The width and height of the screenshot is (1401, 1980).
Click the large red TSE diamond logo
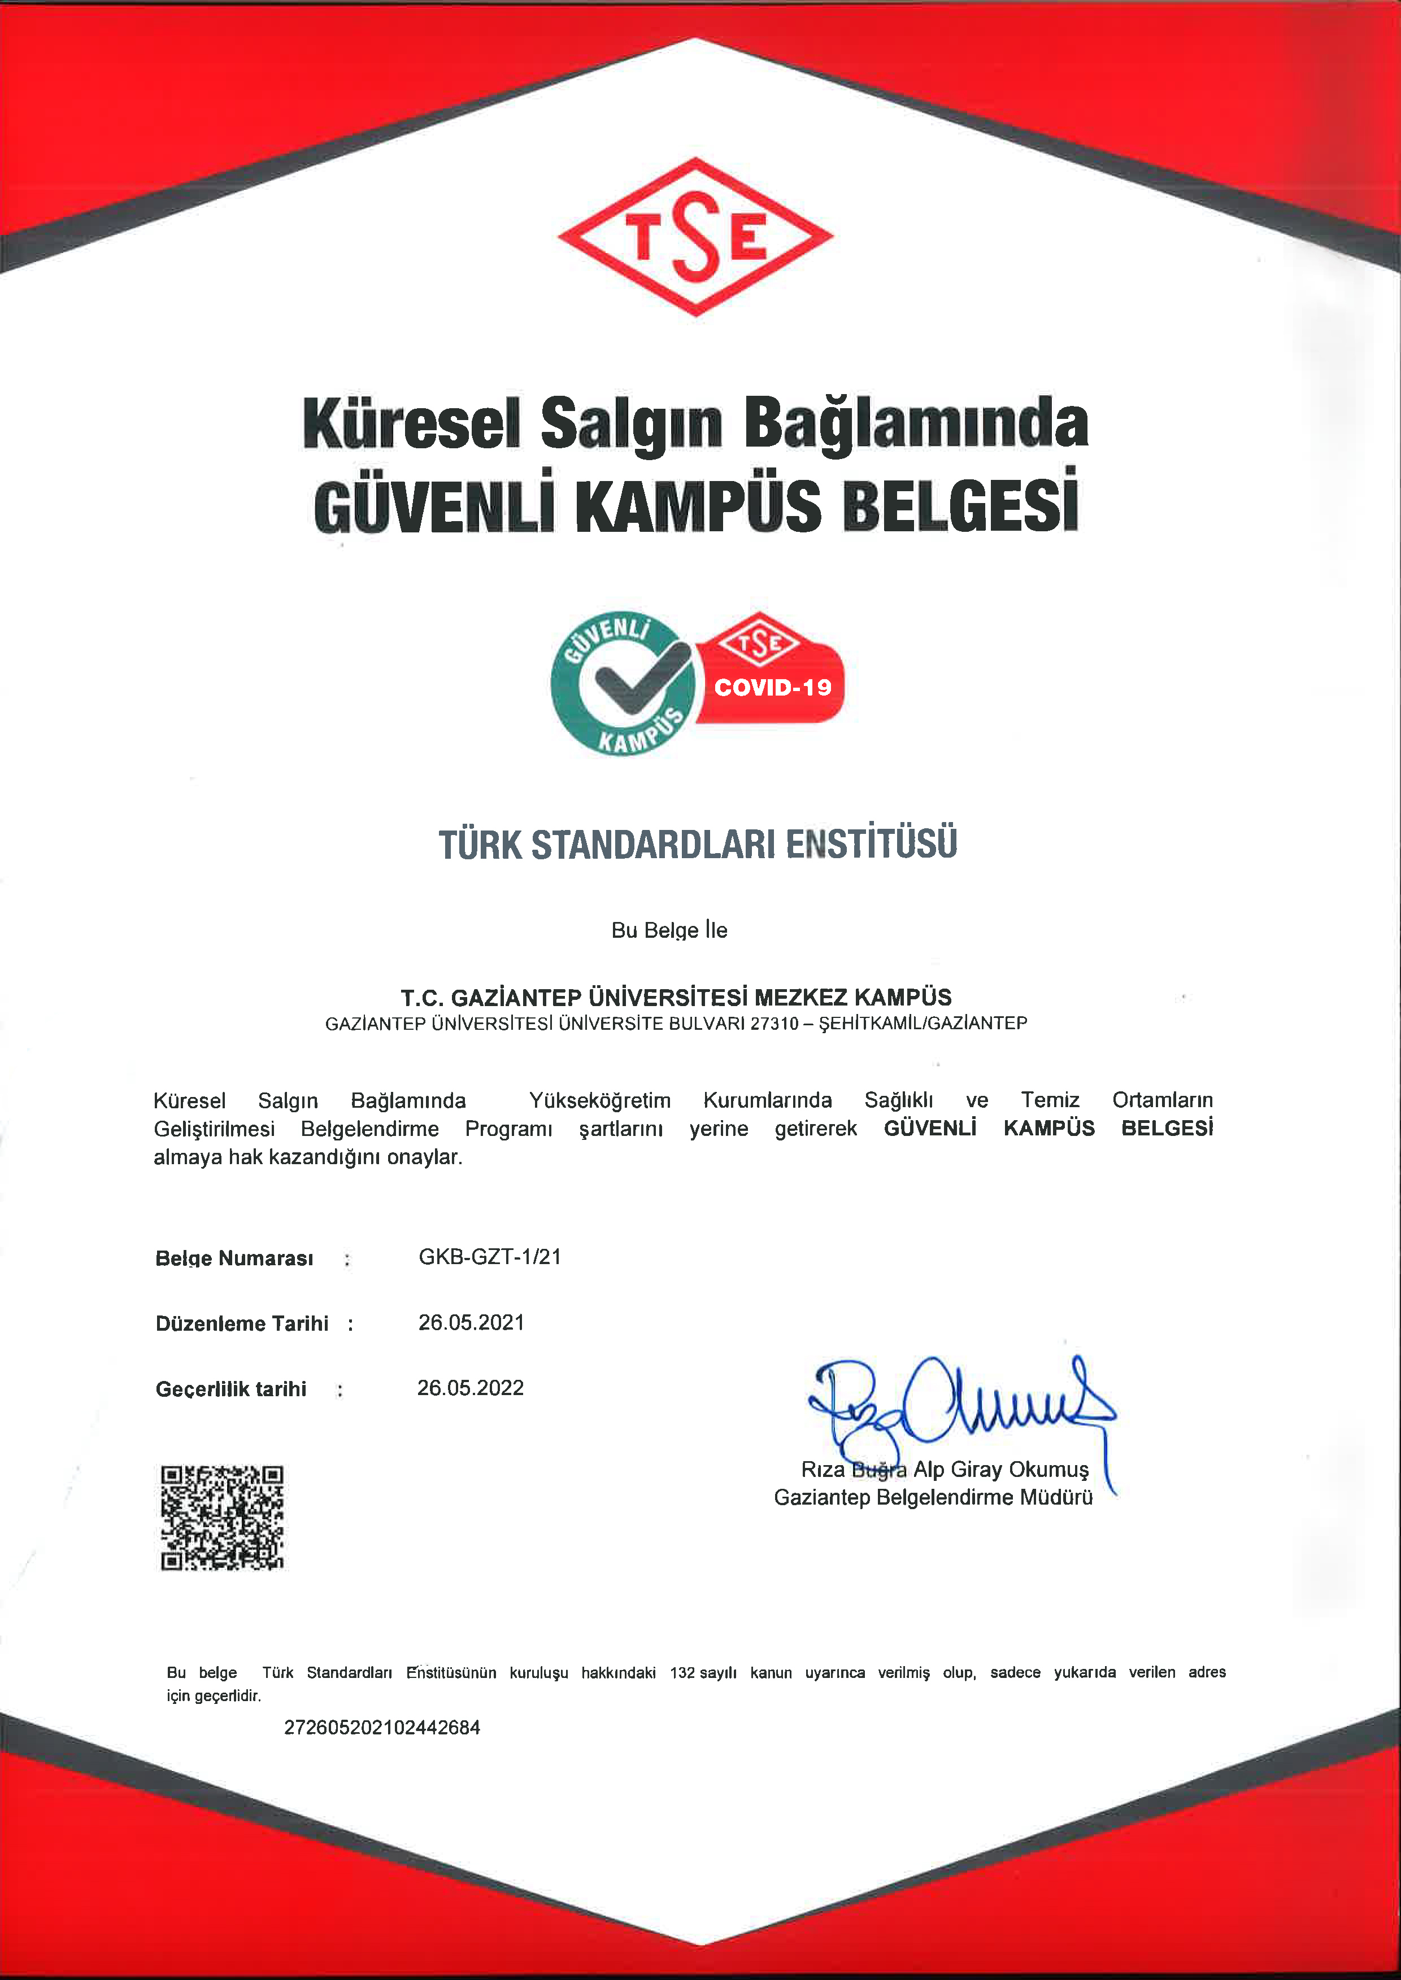click(695, 237)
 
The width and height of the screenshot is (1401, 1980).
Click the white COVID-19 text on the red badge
click(772, 687)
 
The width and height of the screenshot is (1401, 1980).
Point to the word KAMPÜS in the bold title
click(698, 506)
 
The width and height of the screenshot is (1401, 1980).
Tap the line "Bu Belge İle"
click(669, 930)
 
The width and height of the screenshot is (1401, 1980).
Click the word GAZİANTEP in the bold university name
click(516, 998)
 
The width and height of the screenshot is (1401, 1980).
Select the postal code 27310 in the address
click(774, 1024)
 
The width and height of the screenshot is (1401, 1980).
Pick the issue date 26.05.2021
click(471, 1322)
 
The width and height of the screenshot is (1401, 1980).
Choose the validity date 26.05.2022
click(470, 1388)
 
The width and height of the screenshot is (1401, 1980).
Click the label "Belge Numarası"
click(234, 1258)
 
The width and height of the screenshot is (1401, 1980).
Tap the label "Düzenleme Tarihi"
click(242, 1324)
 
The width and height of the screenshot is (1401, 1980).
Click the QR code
click(221, 1517)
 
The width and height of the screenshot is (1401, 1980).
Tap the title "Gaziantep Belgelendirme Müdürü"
click(933, 1497)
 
